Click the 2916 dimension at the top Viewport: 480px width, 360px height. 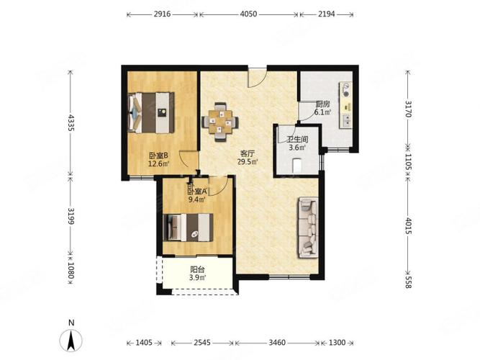click(x=162, y=14)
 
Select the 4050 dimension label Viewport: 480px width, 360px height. click(x=248, y=14)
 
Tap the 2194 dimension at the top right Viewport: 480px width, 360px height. click(x=326, y=14)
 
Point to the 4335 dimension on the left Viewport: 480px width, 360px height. click(x=71, y=123)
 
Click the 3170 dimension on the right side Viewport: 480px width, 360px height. click(x=408, y=109)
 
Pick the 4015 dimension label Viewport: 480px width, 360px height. click(x=408, y=226)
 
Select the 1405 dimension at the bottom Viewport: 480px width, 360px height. click(x=144, y=343)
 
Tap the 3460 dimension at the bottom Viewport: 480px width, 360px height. click(x=277, y=343)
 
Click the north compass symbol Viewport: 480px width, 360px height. click(x=71, y=337)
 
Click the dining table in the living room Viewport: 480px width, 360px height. click(x=219, y=122)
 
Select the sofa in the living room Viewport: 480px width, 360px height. click(x=308, y=228)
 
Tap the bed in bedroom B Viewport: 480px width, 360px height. click(x=151, y=112)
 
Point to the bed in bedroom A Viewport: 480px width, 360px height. click(x=189, y=228)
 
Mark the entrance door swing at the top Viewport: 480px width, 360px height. click(x=257, y=78)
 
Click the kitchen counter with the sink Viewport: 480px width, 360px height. click(x=346, y=105)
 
